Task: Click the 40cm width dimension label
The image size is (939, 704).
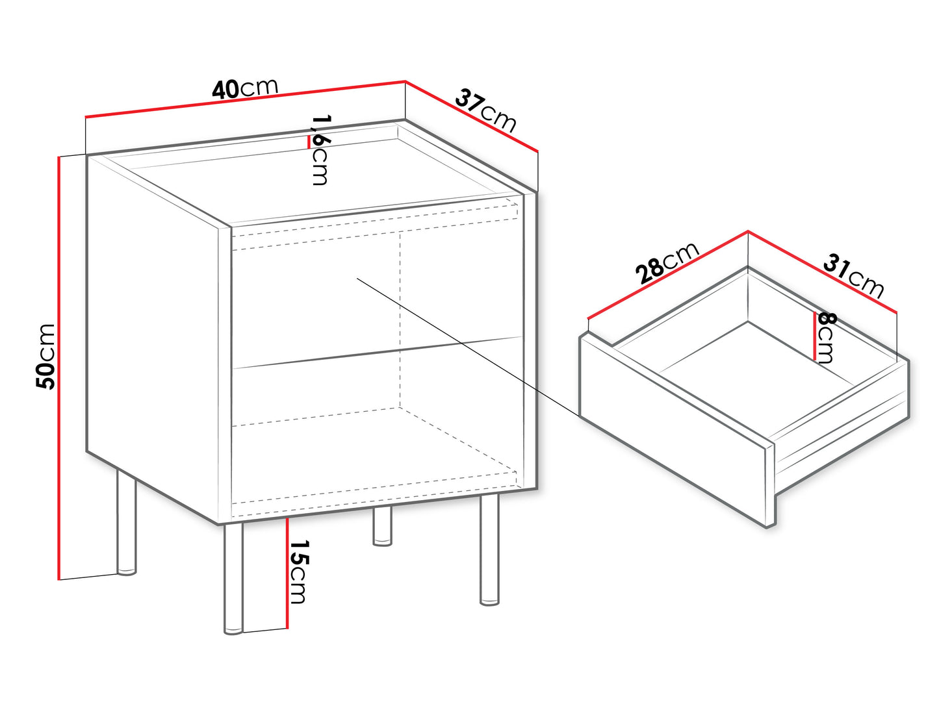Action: click(x=245, y=89)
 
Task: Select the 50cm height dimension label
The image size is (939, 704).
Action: click(x=45, y=357)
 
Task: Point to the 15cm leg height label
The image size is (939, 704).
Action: click(x=299, y=572)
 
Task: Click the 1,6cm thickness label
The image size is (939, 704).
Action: click(x=320, y=149)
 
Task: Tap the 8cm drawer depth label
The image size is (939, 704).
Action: click(x=826, y=337)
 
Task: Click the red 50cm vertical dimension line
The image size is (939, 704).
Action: click(x=58, y=368)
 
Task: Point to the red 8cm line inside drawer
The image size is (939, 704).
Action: click(x=814, y=336)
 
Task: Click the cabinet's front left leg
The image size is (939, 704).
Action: click(x=233, y=578)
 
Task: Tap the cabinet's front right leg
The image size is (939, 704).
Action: click(x=489, y=550)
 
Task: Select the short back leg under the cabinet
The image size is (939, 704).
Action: click(x=382, y=527)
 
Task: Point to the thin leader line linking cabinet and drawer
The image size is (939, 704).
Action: click(x=469, y=347)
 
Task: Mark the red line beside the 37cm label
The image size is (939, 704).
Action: click(x=471, y=116)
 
